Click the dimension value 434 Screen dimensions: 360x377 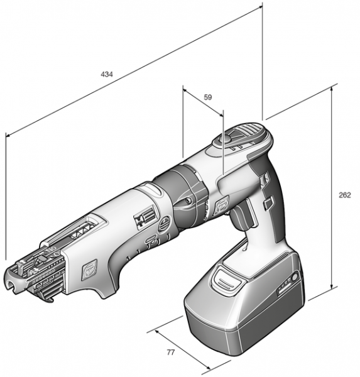coord(107,74)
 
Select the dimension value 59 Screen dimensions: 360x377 coord(208,97)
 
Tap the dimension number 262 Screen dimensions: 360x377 coord(345,195)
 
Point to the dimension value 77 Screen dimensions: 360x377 coord(170,352)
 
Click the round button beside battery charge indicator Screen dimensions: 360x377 coord(295,278)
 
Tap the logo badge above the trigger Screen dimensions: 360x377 coord(221,204)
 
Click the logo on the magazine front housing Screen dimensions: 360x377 coord(89,270)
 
